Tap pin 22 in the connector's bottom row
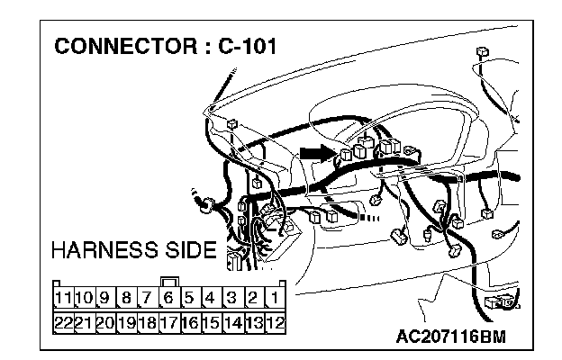pos(63,320)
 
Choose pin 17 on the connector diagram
pos(168,320)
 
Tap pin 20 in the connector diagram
pos(104,320)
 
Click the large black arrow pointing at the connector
pos(316,154)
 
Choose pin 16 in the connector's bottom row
pos(189,320)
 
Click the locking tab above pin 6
pos(168,280)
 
